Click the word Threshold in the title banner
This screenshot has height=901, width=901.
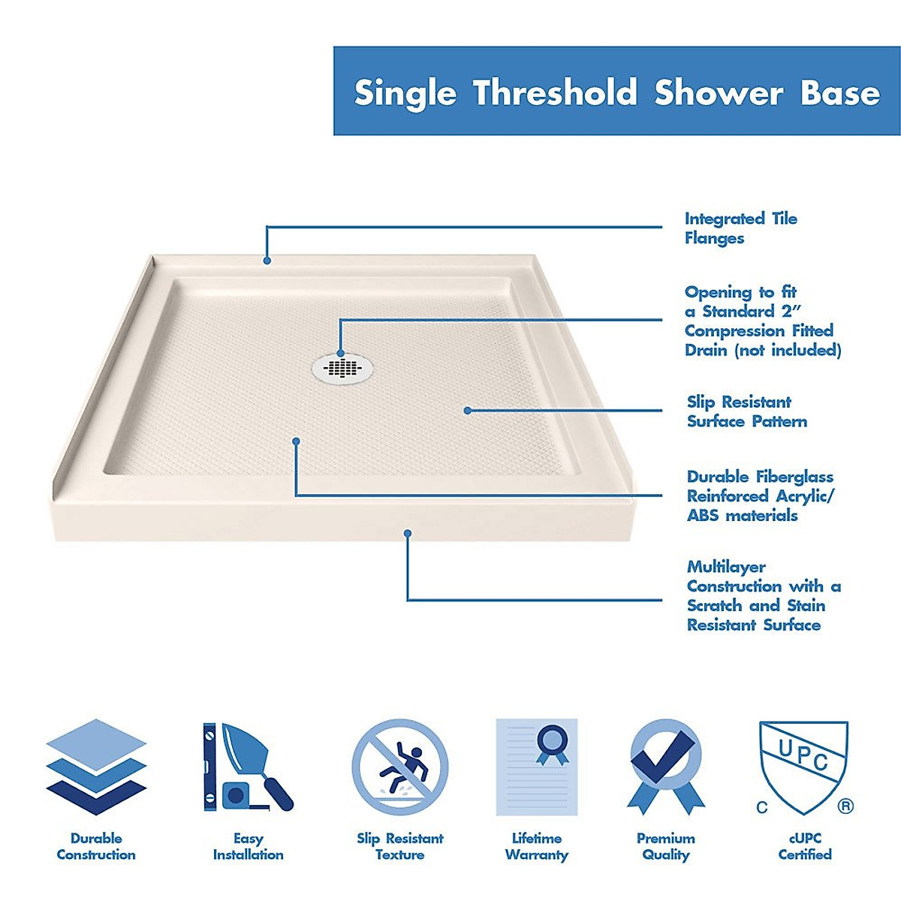click(555, 92)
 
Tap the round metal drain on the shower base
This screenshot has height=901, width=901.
click(342, 366)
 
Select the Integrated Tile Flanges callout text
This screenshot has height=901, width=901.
click(740, 228)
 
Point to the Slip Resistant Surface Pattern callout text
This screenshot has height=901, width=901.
click(746, 411)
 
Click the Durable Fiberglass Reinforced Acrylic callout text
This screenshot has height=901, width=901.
click(760, 496)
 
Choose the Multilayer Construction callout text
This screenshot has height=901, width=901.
click(763, 595)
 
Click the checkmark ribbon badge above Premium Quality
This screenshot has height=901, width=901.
click(665, 766)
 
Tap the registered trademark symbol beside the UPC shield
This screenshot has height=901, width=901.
click(845, 806)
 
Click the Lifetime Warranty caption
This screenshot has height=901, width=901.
click(536, 846)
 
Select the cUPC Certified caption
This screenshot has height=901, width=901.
click(804, 846)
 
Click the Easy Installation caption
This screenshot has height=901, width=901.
click(248, 846)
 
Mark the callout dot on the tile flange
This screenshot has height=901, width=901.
click(267, 261)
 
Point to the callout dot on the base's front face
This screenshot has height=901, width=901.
click(408, 534)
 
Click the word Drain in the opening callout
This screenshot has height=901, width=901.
click(707, 350)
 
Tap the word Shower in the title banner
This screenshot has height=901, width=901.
click(719, 92)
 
